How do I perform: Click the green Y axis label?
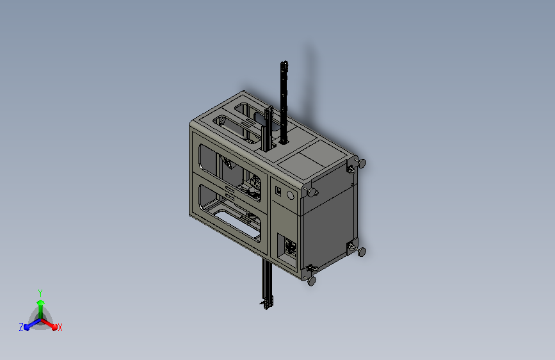[x=40, y=293]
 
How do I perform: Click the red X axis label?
[x=60, y=327]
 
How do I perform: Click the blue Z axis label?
[x=21, y=327]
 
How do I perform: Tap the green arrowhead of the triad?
[x=41, y=302]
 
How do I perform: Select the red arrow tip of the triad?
[x=54, y=327]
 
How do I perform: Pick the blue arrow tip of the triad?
[x=27, y=327]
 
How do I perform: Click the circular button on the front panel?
[x=290, y=195]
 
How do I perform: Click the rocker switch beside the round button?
[x=278, y=192]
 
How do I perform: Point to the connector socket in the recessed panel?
[x=291, y=247]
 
